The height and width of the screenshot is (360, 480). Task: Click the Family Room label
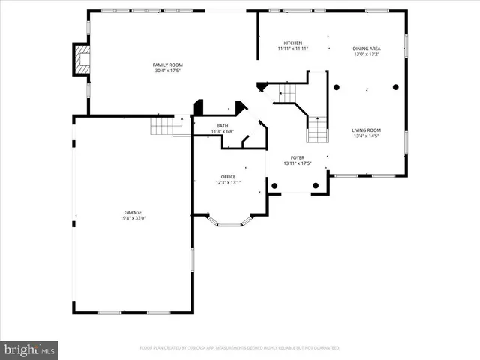(x=168, y=64)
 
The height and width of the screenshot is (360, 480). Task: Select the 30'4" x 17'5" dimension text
(x=168, y=70)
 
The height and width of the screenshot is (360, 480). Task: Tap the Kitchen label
(x=292, y=43)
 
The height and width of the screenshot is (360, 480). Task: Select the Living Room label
(x=367, y=130)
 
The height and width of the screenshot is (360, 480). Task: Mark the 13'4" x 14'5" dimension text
(x=367, y=136)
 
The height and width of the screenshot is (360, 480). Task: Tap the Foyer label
(x=298, y=158)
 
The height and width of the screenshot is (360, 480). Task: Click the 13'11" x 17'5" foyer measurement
(x=298, y=164)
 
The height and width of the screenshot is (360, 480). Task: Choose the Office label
(x=228, y=176)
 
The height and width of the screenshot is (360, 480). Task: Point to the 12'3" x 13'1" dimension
(x=228, y=182)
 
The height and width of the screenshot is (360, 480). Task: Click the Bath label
(x=223, y=125)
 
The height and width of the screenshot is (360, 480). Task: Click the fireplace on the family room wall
(x=79, y=59)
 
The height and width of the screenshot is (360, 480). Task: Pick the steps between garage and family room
(x=162, y=126)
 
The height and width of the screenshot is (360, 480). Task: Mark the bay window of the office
(x=231, y=221)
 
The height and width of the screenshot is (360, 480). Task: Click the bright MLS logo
(x=30, y=349)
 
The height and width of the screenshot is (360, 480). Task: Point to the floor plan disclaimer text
(x=239, y=348)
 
